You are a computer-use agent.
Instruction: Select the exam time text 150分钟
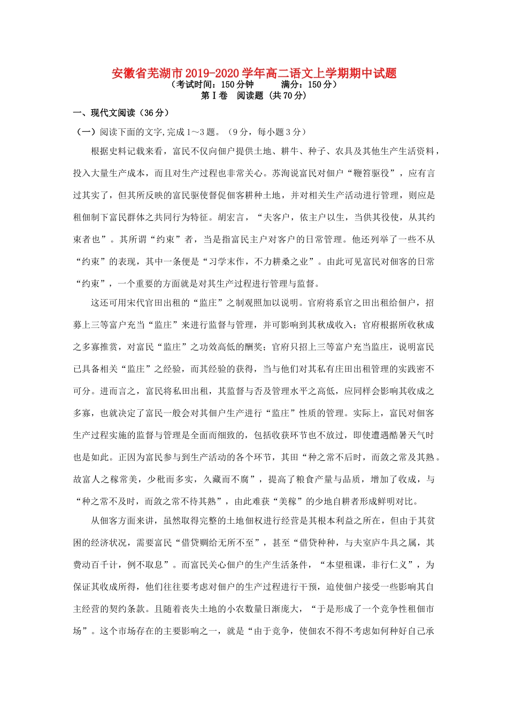click(237, 85)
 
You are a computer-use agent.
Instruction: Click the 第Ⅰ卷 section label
click(214, 96)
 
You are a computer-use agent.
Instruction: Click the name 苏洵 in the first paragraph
click(281, 173)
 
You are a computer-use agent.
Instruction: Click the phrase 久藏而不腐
click(227, 479)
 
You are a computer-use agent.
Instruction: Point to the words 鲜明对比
click(389, 501)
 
